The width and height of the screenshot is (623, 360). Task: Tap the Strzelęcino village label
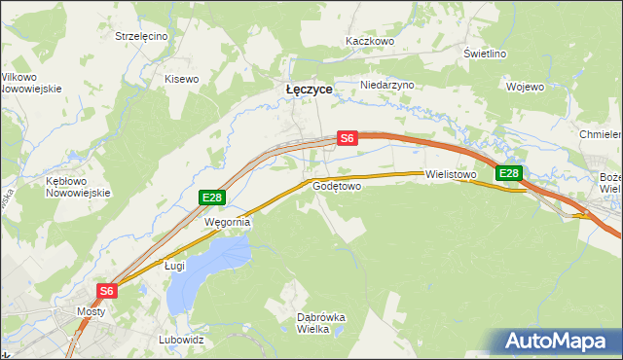click(x=142, y=36)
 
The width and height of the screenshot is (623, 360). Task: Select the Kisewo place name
click(x=182, y=79)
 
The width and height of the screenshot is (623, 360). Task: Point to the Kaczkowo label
click(x=370, y=42)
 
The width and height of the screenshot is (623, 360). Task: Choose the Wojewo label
click(x=525, y=87)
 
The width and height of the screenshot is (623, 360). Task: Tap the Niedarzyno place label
click(x=387, y=85)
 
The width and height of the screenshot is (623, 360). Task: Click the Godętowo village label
click(x=338, y=185)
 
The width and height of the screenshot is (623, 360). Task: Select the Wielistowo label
click(x=450, y=175)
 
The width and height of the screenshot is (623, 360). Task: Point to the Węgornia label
click(x=227, y=222)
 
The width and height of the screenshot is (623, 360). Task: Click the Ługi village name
click(x=174, y=265)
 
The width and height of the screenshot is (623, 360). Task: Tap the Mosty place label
click(x=91, y=312)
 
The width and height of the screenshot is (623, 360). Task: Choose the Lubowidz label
click(x=181, y=341)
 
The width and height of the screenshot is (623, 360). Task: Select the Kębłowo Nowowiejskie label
click(x=74, y=187)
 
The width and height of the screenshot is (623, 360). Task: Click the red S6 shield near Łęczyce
click(x=348, y=139)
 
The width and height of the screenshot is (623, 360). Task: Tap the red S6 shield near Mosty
click(x=107, y=291)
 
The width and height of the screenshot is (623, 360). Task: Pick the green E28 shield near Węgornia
click(x=213, y=198)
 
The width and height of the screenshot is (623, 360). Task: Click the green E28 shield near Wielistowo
click(x=509, y=174)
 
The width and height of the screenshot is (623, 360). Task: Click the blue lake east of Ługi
click(x=209, y=268)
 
